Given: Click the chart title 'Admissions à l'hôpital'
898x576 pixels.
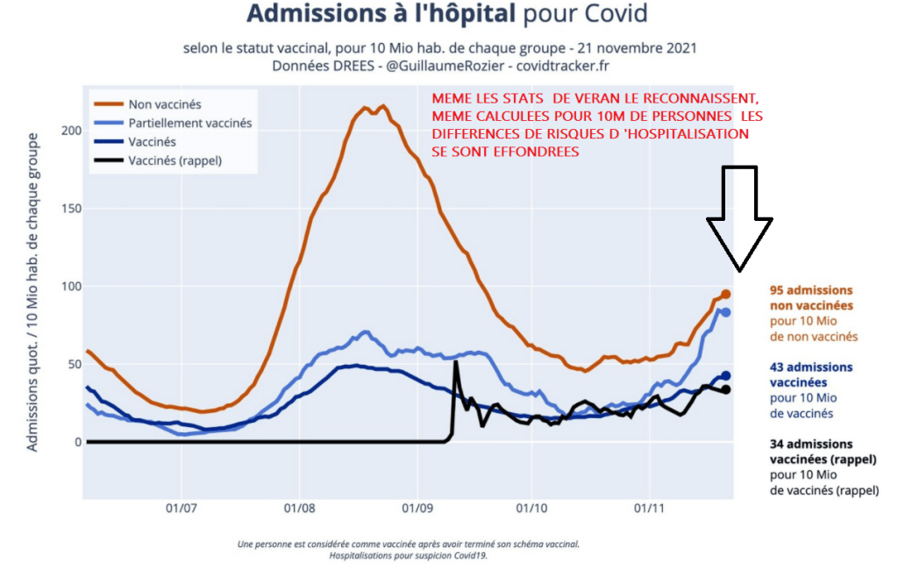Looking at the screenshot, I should click(x=382, y=14).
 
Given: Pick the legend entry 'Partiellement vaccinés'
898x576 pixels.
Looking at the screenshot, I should click(x=189, y=123).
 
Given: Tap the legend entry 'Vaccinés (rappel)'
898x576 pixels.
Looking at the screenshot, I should click(x=175, y=160).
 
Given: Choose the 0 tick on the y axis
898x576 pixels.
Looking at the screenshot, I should click(x=77, y=442).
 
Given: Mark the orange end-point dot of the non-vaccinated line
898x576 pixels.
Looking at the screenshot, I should click(x=726, y=295).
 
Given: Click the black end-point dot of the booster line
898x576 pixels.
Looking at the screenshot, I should click(x=726, y=389).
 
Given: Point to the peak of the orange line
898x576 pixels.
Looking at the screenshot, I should click(x=382, y=107).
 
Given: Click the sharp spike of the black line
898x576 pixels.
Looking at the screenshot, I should click(x=455, y=362).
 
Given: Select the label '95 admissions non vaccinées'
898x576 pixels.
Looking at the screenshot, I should click(x=811, y=297).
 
